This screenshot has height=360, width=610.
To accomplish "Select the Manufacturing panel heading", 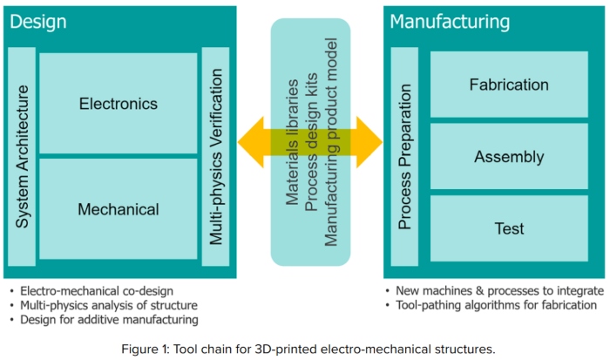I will [450, 22].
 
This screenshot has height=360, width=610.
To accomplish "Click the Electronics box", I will [119, 104].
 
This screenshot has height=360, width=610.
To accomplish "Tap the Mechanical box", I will [119, 209].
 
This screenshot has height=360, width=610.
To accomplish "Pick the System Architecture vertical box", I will [23, 157].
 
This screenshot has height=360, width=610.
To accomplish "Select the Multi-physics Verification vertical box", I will [216, 157].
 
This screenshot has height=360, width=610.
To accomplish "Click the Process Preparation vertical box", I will [404, 157].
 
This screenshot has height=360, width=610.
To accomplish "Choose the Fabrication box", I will [509, 85].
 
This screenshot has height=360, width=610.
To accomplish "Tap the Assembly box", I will [509, 157].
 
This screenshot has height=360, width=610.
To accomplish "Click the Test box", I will [509, 228].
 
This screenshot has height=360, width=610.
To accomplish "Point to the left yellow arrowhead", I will [251, 141].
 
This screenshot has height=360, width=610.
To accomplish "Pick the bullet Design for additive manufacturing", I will [102, 319].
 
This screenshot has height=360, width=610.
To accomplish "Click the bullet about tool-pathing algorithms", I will [496, 305].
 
